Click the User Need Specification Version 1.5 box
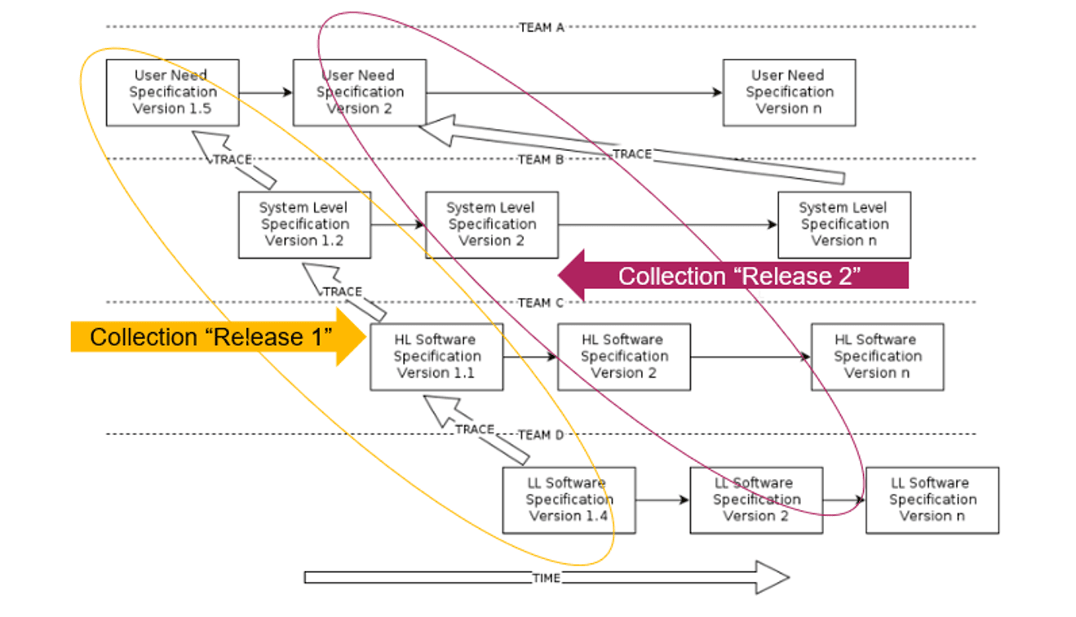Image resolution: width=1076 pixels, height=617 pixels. (x=172, y=92)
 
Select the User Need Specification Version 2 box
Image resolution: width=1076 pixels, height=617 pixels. (x=359, y=92)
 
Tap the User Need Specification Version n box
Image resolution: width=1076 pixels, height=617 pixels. (x=789, y=92)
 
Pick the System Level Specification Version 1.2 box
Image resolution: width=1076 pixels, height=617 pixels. (x=304, y=224)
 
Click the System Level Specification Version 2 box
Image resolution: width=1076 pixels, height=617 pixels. (x=492, y=224)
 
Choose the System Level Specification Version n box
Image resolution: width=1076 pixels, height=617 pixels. (x=844, y=224)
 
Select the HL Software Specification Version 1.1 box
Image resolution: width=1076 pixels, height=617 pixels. (x=436, y=357)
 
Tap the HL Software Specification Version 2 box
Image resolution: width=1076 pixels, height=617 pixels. (x=624, y=357)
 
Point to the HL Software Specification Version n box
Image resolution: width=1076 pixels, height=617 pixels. (x=877, y=357)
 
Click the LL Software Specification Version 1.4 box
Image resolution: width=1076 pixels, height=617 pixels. (x=569, y=499)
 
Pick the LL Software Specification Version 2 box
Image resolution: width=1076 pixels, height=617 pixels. (x=756, y=499)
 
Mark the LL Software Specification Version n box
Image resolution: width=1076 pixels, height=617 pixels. (x=932, y=499)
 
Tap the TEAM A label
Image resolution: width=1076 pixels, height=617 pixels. (x=542, y=27)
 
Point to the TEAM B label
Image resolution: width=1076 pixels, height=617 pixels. (x=541, y=159)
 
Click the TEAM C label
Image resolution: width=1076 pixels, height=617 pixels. (x=541, y=303)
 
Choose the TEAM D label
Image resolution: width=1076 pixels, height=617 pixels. (x=541, y=435)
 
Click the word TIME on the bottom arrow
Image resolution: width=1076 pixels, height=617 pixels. (x=546, y=578)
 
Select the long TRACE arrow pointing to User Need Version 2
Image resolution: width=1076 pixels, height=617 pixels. (x=632, y=153)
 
